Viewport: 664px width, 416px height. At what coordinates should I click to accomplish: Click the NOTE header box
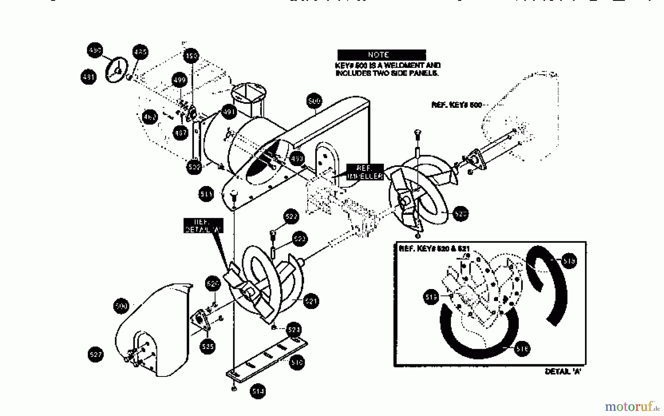pos(381,55)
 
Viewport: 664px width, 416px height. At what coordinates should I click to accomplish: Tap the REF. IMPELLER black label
pos(364,172)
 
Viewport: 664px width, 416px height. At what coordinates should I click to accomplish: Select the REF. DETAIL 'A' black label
pos(203,226)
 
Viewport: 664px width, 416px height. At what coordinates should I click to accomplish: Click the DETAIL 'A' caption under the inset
pos(563,371)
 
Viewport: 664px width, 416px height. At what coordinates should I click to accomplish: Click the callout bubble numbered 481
pos(88,77)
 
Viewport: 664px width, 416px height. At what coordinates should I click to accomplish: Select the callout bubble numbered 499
pos(179,80)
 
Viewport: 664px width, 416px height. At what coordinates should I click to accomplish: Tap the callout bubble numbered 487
pos(180,133)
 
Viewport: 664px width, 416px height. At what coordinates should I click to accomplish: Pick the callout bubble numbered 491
pos(229,112)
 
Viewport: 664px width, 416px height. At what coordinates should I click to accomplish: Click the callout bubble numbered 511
pos(206,194)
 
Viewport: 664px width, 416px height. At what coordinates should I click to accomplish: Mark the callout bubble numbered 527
pos(96,354)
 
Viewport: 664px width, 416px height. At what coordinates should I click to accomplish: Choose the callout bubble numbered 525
pos(208,346)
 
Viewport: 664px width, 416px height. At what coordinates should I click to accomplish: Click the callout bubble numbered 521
pos(311,301)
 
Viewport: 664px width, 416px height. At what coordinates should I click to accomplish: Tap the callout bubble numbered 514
pos(258,391)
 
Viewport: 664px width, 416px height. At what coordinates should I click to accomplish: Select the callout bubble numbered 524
pos(294,329)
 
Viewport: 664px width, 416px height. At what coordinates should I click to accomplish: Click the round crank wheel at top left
pos(117,70)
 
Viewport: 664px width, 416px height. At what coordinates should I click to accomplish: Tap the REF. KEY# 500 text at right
pos(456,105)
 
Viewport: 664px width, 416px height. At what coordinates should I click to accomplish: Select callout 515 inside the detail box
pos(431,297)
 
